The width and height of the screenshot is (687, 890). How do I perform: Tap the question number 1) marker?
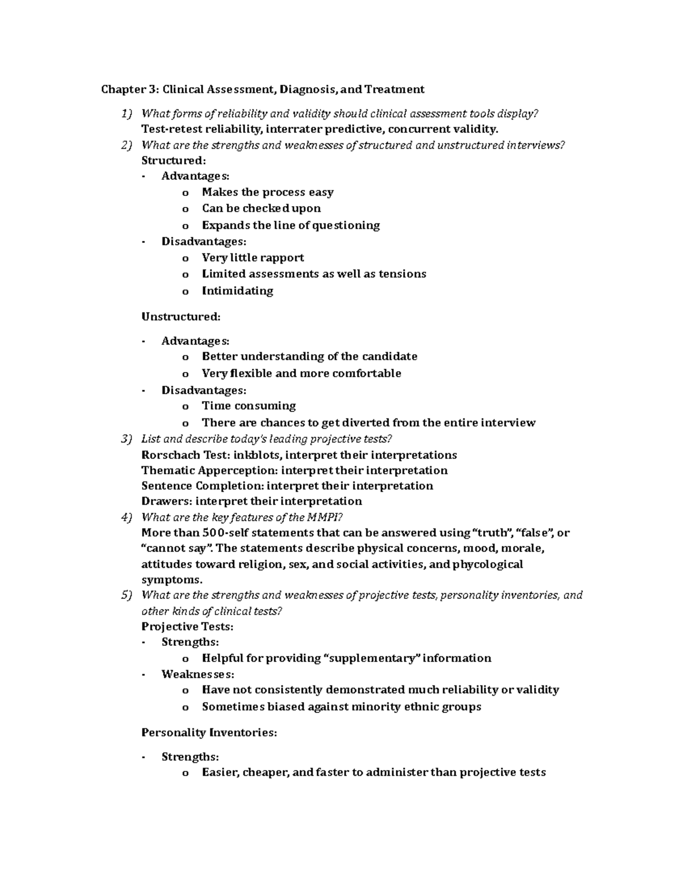click(x=127, y=113)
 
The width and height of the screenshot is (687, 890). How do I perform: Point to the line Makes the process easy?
click(x=267, y=193)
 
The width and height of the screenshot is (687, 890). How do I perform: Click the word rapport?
click(x=283, y=258)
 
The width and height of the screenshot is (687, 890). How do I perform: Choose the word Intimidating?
click(x=238, y=291)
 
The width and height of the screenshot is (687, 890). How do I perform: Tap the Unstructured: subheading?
click(x=180, y=316)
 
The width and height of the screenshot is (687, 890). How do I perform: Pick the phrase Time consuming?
click(x=248, y=406)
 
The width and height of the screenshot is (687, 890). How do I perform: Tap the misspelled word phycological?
click(x=488, y=564)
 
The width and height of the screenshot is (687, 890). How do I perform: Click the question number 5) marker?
click(x=127, y=595)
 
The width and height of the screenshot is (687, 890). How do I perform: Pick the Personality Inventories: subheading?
click(x=209, y=732)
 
